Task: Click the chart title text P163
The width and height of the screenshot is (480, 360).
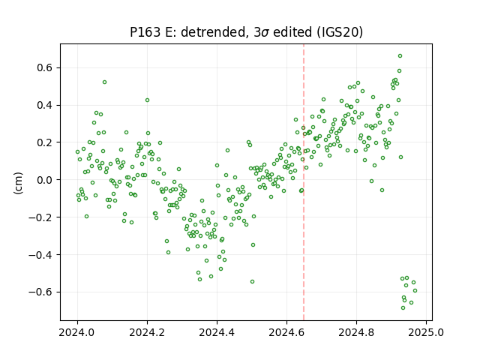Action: pos(145,31)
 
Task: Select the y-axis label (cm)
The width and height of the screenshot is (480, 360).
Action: pos(18,183)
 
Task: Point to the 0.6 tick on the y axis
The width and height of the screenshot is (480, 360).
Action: pos(44,67)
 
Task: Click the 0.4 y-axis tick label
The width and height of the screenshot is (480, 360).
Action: pos(44,105)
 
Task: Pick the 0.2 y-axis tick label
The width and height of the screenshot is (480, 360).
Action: pos(44,142)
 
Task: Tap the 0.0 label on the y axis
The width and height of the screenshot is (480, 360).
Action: pos(44,180)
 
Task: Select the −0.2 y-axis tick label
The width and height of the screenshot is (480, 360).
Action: pos(40,217)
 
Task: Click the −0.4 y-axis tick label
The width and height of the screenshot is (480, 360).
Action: pos(40,255)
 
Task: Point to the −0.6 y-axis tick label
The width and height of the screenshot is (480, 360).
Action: pos(40,292)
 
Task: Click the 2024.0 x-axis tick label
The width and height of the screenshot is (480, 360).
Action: pos(77,332)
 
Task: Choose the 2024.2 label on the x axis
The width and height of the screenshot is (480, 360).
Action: pos(147,332)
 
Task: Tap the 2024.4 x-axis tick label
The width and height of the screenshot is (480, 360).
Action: pos(217,332)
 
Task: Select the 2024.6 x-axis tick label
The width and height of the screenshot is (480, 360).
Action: pos(286,332)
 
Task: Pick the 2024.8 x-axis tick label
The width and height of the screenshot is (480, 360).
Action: pos(356,332)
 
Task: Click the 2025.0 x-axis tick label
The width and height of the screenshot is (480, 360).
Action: pos(426,332)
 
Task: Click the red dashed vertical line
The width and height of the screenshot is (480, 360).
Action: pos(304,182)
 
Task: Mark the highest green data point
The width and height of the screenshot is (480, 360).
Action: pos(400,56)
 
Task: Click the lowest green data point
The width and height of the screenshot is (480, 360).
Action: pos(403,308)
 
